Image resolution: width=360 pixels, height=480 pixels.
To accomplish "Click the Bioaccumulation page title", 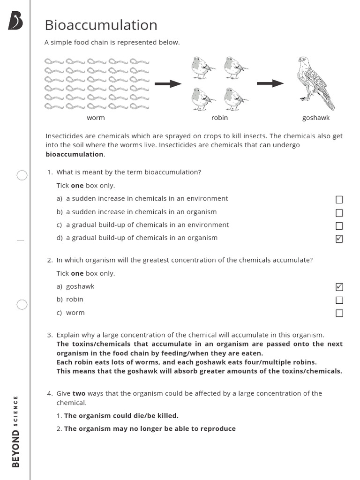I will (x=101, y=25).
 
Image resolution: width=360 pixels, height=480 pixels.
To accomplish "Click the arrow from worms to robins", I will (x=168, y=84).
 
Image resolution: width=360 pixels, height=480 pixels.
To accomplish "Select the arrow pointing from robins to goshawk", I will (x=270, y=83).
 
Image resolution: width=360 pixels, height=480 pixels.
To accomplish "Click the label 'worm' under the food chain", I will (x=96, y=118).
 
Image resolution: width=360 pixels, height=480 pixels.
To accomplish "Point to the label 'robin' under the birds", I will (x=219, y=118).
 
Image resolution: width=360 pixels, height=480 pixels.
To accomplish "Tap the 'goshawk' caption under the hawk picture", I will (x=316, y=118).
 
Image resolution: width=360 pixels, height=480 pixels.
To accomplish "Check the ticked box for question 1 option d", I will (x=339, y=239).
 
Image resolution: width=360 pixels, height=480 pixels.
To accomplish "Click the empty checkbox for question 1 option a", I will (x=339, y=200).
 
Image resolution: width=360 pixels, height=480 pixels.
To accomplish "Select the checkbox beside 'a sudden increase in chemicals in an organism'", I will (x=339, y=213).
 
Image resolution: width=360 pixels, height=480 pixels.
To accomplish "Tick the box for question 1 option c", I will (x=339, y=226).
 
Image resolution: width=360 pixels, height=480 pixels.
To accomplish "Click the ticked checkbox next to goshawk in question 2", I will (x=339, y=287).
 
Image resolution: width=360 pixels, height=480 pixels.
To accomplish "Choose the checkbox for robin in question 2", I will (x=339, y=300).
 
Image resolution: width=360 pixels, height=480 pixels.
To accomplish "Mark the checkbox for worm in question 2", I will (x=339, y=313).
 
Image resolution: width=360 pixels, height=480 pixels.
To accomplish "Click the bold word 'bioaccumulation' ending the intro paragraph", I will (x=75, y=154).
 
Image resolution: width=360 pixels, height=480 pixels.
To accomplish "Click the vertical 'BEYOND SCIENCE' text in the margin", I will (x=16, y=431).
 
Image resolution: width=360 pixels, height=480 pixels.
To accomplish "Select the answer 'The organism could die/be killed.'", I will (x=121, y=415).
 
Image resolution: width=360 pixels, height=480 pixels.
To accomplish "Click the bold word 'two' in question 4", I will (x=79, y=393).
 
